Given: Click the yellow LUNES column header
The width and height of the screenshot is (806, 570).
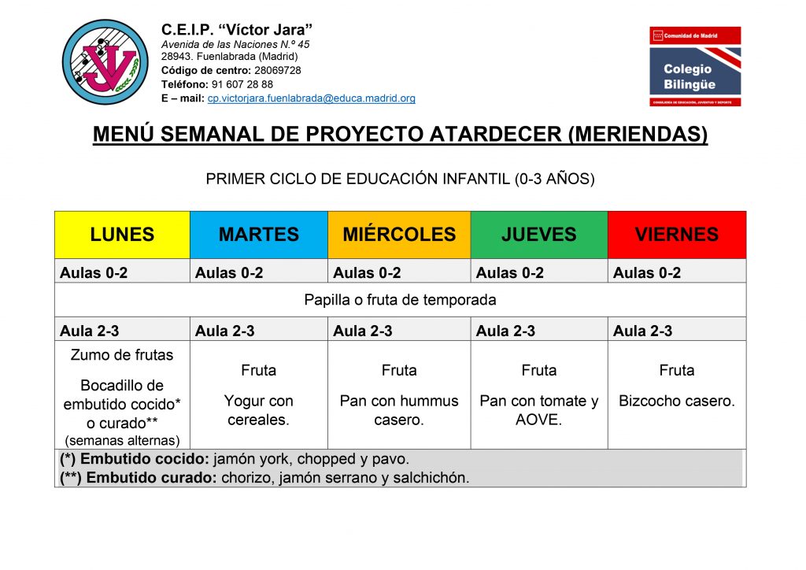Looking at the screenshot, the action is click(x=122, y=235).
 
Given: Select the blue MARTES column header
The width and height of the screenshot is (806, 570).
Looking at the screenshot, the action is click(x=259, y=235).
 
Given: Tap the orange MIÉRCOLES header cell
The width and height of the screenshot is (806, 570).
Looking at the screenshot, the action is click(x=399, y=235).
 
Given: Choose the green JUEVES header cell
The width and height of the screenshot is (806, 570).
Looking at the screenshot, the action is click(x=539, y=235).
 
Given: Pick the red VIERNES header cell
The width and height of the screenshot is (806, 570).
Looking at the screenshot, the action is click(x=677, y=235).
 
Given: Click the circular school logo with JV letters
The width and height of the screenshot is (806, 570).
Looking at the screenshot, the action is click(x=105, y=62).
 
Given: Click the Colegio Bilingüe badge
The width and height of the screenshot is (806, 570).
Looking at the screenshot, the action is click(x=695, y=66).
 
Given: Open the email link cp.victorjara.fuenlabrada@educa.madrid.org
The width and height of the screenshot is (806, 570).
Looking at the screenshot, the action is click(x=312, y=98).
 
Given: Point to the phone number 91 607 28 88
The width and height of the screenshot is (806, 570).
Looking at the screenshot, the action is click(x=242, y=84).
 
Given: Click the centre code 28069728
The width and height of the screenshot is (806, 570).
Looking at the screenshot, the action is click(x=278, y=70).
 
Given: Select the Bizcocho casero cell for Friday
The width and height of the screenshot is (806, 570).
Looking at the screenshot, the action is click(x=677, y=401).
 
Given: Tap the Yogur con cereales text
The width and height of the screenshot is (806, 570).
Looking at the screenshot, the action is click(x=258, y=410).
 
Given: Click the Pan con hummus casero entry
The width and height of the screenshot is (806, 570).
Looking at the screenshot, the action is click(x=399, y=410).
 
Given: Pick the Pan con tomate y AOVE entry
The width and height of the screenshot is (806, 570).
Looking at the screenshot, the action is click(x=538, y=410).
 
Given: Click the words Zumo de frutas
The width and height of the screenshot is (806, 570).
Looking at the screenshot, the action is click(x=122, y=354).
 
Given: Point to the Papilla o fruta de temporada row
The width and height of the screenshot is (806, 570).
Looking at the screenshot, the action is click(x=400, y=300).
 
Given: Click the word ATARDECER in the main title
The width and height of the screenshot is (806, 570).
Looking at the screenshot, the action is click(x=495, y=134).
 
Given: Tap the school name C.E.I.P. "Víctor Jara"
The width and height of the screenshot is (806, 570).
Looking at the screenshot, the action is click(x=237, y=29).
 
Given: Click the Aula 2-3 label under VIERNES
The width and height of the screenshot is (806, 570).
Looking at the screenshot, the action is click(x=642, y=331).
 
